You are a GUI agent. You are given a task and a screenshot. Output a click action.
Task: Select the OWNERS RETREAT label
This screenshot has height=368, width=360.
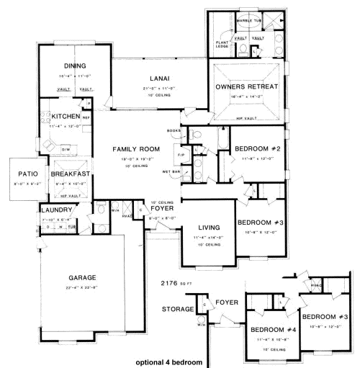tap(246, 86)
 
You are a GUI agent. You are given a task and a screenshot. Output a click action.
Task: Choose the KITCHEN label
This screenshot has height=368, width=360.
tap(65, 115)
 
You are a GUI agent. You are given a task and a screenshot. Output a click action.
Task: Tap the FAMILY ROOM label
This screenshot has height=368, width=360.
tap(135, 149)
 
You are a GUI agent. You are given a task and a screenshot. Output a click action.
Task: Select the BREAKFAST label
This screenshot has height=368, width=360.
tap(70, 174)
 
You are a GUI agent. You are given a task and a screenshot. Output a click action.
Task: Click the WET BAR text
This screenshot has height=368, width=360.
tap(171, 172)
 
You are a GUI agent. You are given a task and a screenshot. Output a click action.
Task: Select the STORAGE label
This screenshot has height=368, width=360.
tap(179, 310)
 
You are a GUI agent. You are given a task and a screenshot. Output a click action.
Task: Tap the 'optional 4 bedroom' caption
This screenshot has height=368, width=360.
tap(168, 362)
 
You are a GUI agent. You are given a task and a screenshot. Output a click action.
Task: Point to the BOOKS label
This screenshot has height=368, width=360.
tap(173, 130)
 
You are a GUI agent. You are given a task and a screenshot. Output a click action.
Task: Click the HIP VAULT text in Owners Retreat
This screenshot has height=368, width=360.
tap(246, 117)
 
